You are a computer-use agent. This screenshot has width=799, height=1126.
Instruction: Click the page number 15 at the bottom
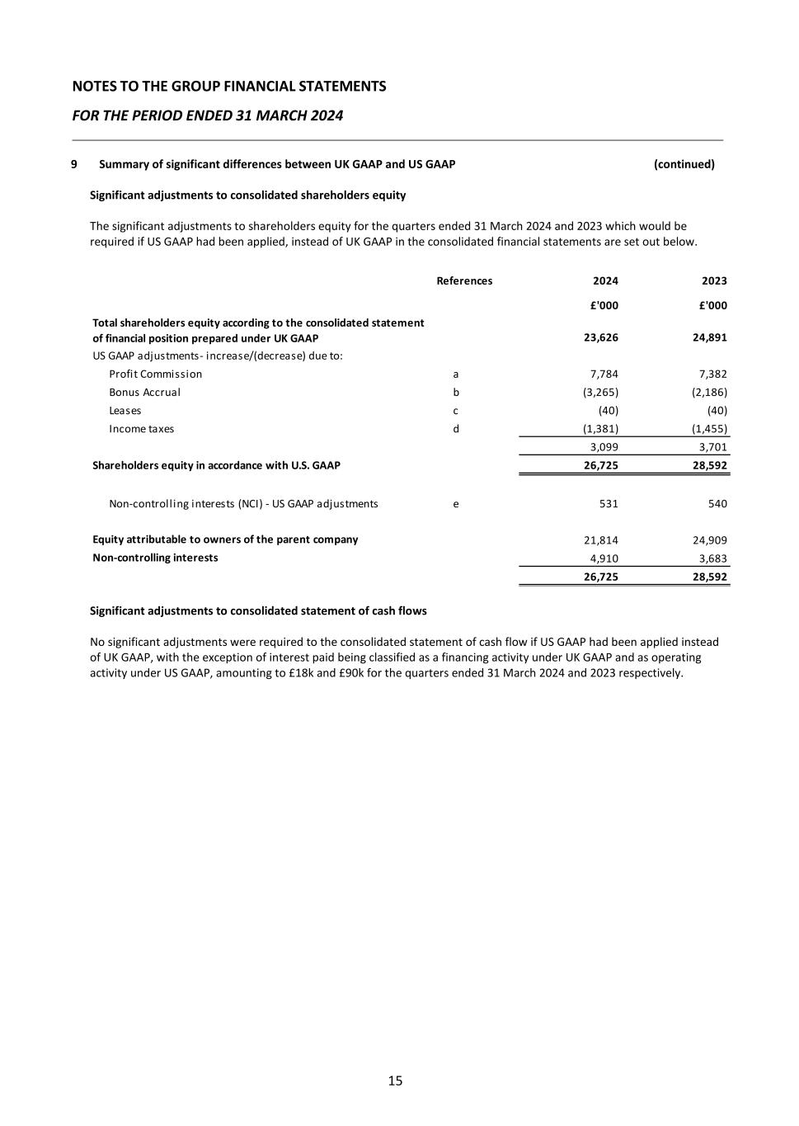(x=395, y=1081)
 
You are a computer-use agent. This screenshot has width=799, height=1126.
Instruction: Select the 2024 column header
(x=605, y=281)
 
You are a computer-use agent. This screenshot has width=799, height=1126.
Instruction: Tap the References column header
(x=464, y=281)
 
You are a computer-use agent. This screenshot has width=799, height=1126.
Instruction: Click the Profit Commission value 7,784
(x=604, y=375)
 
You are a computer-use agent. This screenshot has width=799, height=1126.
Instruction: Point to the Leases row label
(x=125, y=411)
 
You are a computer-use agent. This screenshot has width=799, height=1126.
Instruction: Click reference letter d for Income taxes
(x=456, y=429)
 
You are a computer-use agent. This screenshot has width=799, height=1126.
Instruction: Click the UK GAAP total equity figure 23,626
(x=601, y=338)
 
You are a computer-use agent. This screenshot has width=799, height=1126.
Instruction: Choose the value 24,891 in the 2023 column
(x=710, y=338)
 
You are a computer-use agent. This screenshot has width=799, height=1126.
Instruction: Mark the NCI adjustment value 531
(x=609, y=504)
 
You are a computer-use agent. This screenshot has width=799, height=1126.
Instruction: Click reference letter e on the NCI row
(x=456, y=504)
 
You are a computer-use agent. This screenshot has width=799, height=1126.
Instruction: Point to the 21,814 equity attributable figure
(x=601, y=540)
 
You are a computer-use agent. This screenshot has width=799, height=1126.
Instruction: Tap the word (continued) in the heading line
(x=684, y=164)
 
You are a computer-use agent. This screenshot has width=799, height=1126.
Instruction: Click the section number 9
(x=74, y=164)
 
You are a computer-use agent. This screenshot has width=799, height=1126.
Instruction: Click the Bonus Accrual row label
(x=144, y=393)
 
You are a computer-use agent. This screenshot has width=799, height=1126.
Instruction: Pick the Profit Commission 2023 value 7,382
(x=712, y=375)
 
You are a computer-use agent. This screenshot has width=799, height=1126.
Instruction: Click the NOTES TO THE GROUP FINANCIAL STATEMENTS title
(x=229, y=87)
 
